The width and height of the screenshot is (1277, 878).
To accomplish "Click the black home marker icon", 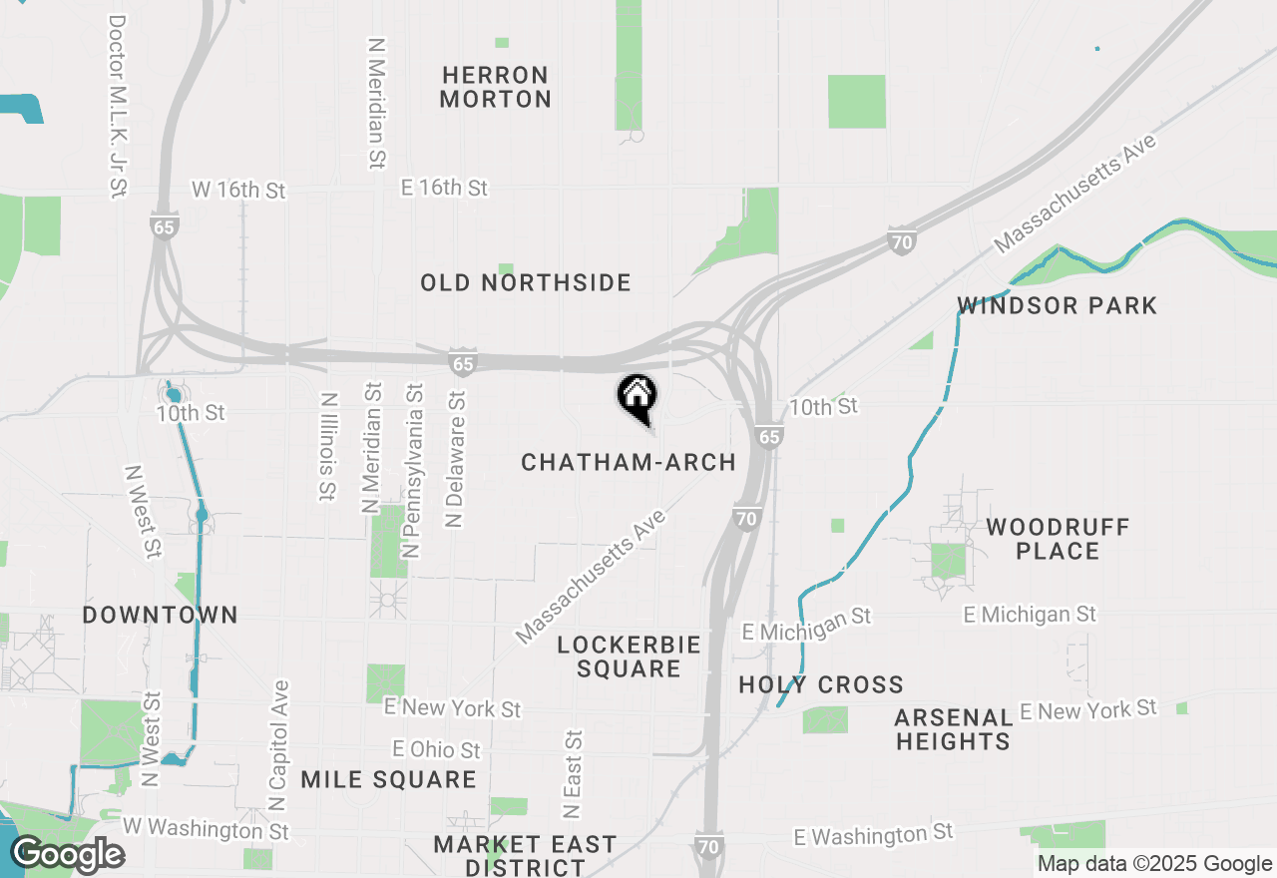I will point(637,396).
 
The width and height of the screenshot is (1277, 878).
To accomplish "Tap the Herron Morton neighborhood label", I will point(496,87).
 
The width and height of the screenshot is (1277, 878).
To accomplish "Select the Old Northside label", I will point(526,283).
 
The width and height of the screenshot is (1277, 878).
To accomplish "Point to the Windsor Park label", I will point(1058,305).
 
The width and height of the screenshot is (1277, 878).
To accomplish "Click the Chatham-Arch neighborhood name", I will point(629,463).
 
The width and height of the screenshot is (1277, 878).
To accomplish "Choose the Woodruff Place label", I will point(1058,539).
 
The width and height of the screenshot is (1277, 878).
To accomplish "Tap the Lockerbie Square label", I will point(629,657).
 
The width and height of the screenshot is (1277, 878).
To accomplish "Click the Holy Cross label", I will point(821,684).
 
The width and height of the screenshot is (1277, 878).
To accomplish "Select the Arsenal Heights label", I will point(953,729).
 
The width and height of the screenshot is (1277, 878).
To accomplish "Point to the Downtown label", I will point(161,615).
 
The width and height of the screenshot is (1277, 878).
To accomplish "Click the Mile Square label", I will point(388,779).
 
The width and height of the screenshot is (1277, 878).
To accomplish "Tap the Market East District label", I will point(525,856).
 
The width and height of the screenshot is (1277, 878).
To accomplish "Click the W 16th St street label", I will point(240,189).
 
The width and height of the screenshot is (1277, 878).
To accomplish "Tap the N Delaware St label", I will point(456,459).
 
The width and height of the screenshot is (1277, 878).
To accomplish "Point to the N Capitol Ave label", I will point(279,744).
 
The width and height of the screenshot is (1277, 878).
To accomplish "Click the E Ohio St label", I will point(436,749).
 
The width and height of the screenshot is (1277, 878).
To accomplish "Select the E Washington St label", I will point(874,834).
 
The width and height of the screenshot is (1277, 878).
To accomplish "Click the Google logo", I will point(68,855).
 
